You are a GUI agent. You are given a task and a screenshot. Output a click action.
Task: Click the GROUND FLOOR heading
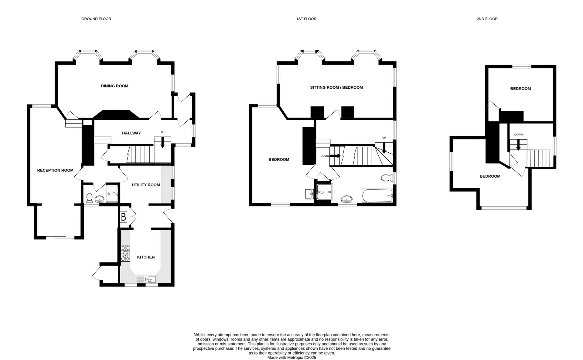tap(96, 19)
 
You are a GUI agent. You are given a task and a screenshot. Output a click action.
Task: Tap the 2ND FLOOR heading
tap(487, 19)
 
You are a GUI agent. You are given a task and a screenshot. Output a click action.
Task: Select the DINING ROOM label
tap(114, 86)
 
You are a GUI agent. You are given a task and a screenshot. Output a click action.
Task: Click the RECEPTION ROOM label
tap(55, 170)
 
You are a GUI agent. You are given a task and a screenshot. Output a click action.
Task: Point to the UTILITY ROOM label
tap(146, 185)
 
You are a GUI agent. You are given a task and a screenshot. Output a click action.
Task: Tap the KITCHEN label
tap(146, 257)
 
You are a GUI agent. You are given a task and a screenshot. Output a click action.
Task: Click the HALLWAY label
tap(131, 133)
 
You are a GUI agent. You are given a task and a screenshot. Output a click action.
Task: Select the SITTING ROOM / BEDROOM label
tap(336, 87)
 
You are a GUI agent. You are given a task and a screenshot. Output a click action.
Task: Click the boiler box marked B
tap(124, 217)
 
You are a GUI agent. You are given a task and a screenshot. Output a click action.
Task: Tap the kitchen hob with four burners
tap(125, 253)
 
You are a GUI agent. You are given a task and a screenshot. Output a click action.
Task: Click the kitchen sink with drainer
tap(146, 279)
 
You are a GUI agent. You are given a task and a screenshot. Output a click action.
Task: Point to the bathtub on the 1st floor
tap(377, 196)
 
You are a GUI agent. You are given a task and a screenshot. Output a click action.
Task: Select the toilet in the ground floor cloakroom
tap(89, 198)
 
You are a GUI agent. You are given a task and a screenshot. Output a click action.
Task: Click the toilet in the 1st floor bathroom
tap(387, 178)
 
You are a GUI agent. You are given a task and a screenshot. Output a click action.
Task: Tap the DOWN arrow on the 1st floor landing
tap(335, 156)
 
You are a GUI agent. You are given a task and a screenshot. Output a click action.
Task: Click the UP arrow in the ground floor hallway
tap(162, 142)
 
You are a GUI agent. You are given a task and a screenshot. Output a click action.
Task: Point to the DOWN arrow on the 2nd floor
tap(518, 144)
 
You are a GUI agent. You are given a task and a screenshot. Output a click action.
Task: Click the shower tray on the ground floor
tap(112, 193)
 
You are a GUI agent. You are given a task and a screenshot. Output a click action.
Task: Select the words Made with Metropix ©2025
tap(291, 358)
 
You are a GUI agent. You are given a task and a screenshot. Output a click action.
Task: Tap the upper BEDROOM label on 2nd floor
tap(520, 89)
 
